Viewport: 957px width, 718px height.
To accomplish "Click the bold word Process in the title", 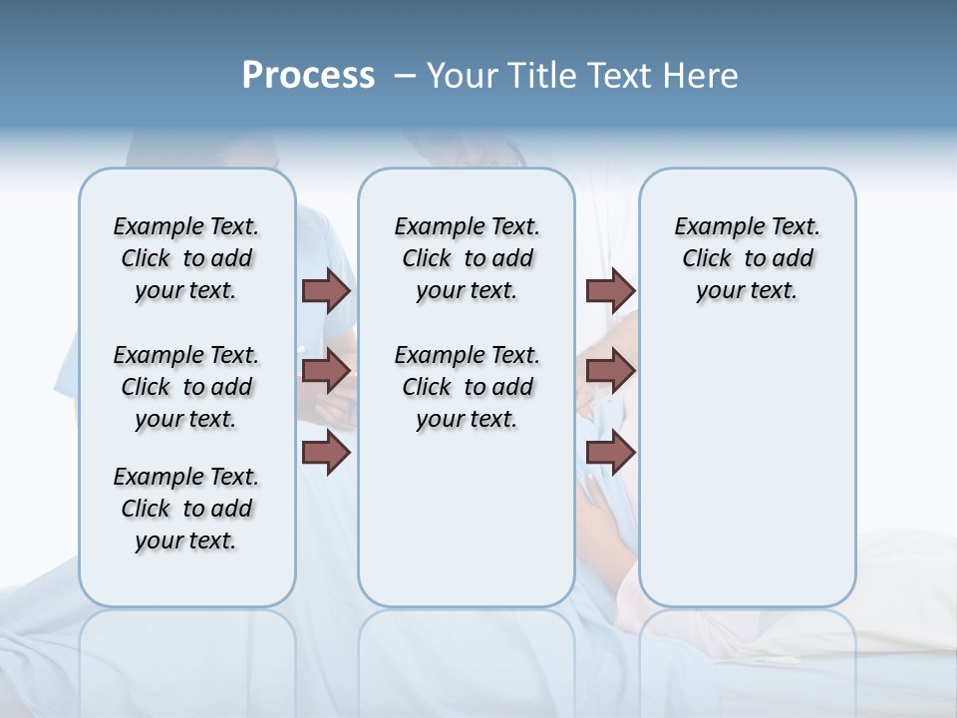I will point(308,76).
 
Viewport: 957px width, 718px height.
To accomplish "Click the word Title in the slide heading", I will point(540,76).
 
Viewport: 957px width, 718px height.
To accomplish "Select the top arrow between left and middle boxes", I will point(326,290).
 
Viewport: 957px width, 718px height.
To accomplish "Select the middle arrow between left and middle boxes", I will point(326,371).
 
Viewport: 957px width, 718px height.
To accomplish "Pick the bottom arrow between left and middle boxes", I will point(326,454).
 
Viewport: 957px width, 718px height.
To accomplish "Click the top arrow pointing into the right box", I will point(610,290).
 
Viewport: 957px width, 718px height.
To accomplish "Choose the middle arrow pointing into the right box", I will point(610,371).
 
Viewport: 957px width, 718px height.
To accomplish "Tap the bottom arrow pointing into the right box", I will point(610,454).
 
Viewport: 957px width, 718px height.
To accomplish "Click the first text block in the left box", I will point(186,258).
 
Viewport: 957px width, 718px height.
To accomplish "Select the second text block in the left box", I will point(186,387).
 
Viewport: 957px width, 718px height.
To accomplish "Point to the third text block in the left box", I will point(186,509).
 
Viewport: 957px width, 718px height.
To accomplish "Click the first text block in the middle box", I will point(467,258).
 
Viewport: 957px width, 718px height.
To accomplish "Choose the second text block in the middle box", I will point(467,387).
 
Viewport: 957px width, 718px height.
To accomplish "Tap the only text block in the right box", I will point(747,258).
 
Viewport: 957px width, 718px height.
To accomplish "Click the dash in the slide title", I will point(405,77).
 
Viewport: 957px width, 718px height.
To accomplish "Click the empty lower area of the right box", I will point(747,469).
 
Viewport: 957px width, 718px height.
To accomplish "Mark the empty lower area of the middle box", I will point(467,519).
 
